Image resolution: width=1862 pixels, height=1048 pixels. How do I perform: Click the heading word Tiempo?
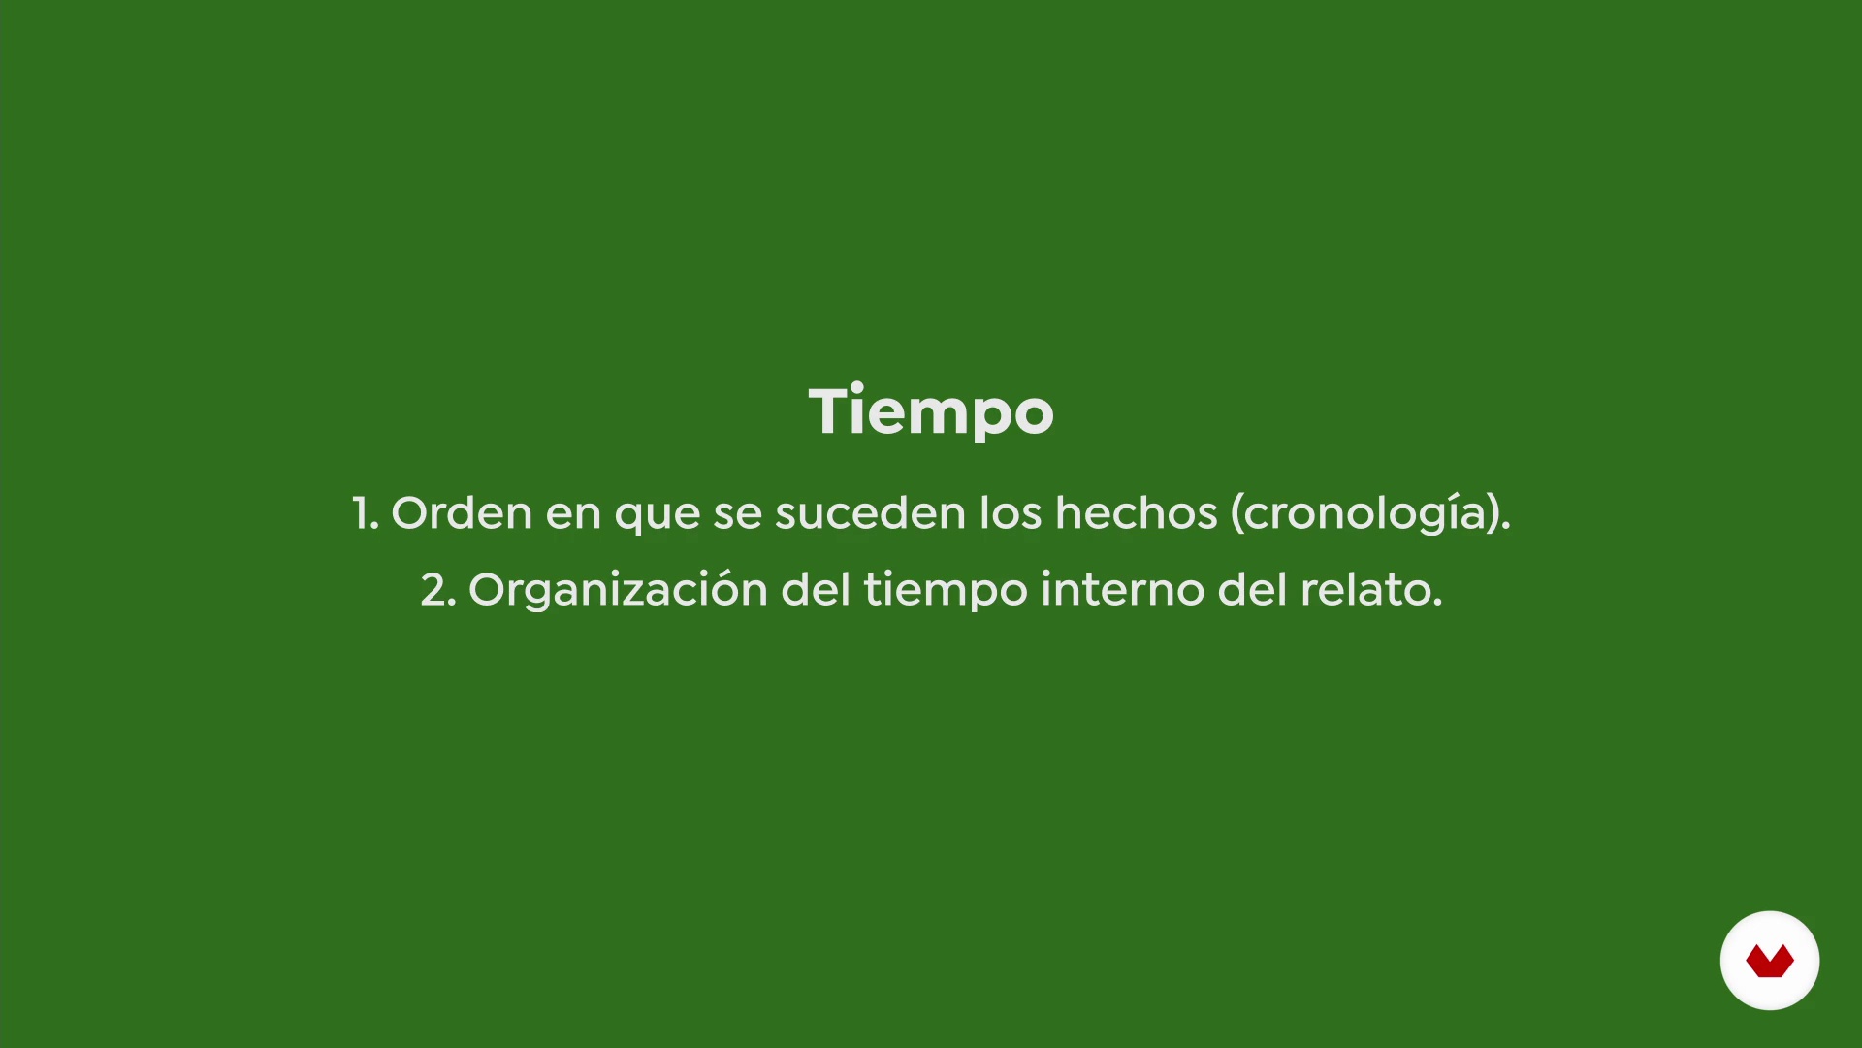931,412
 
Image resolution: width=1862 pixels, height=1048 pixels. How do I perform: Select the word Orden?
462,511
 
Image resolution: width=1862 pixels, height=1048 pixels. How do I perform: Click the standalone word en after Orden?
573,514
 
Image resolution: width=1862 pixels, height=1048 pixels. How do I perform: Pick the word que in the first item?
658,517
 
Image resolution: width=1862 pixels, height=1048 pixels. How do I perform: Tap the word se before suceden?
738,514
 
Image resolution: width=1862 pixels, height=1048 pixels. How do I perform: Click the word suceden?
870,511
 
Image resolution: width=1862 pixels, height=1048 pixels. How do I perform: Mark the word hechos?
1136,511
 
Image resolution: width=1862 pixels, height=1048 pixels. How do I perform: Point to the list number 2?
437,590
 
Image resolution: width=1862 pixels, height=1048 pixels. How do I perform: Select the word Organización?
618,589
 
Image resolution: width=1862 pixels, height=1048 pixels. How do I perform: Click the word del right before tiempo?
816,588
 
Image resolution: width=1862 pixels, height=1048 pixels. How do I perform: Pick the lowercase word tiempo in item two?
946,591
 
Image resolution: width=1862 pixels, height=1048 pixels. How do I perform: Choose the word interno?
1123,589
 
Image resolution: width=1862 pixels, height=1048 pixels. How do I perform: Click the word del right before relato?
1253,588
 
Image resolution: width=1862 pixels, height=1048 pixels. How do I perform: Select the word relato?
1371,589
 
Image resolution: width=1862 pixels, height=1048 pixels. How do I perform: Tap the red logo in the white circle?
1770,962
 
